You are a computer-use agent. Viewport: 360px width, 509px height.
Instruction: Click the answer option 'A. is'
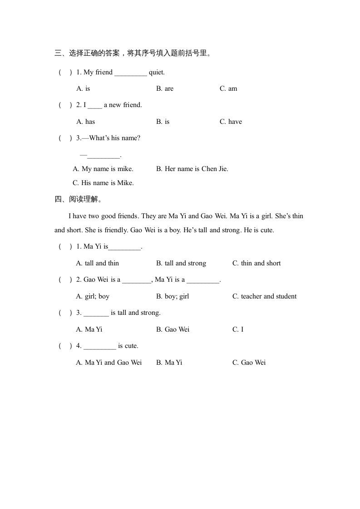[83, 88]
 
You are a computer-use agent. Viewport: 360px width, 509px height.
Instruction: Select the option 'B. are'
[165, 88]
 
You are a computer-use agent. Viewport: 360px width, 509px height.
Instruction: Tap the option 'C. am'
[228, 88]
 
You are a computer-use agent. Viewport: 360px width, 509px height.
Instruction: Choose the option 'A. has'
[85, 122]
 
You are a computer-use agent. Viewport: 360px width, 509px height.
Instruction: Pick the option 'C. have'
[231, 122]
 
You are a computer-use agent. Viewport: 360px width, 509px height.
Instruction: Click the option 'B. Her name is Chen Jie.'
[192, 169]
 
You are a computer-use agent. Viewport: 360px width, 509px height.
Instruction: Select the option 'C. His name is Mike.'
[103, 183]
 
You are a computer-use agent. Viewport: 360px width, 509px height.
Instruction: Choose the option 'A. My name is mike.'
[103, 169]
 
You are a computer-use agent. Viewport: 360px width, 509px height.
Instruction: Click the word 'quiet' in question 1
[156, 72]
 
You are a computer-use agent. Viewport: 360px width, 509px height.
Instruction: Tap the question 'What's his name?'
[114, 138]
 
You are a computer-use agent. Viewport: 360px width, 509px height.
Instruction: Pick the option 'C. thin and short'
[256, 263]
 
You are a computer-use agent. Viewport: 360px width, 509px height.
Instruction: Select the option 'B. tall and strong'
[181, 263]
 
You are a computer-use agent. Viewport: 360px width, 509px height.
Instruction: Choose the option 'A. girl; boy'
[93, 296]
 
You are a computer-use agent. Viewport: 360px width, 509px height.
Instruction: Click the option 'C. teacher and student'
[264, 296]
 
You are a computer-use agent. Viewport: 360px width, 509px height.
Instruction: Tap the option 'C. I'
[238, 329]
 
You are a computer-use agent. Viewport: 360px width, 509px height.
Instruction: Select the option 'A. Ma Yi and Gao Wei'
[109, 362]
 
